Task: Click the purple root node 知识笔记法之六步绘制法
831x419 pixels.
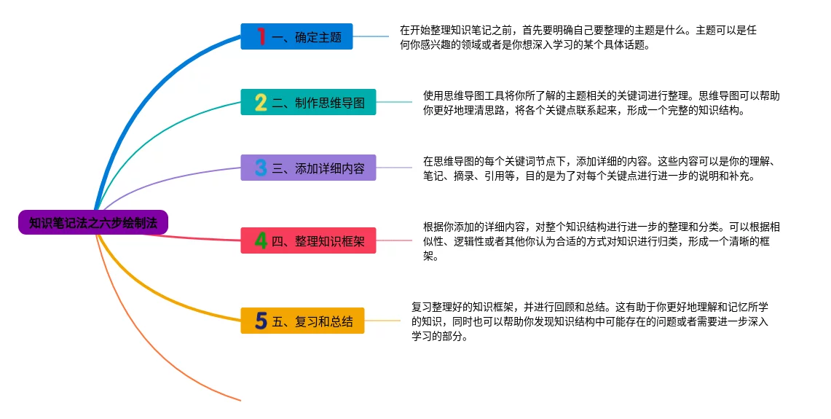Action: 93,222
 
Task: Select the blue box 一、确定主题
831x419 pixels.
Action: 297,36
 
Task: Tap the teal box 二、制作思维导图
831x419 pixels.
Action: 309,102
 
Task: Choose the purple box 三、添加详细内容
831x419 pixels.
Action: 309,168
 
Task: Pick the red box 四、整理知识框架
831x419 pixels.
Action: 309,240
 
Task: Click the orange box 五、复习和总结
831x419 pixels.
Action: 303,321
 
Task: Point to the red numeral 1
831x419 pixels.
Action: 261,36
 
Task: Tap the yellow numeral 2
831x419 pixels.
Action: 261,102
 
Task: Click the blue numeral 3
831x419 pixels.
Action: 261,168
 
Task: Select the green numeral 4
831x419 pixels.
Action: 261,240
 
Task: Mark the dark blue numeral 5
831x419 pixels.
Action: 261,321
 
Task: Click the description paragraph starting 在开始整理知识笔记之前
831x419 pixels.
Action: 578,38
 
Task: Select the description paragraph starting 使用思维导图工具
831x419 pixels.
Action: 602,103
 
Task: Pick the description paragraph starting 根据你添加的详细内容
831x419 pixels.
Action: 602,241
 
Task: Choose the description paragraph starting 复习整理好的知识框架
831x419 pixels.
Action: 590,321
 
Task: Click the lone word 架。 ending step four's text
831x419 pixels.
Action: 430,257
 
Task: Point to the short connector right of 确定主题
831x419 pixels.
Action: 371,36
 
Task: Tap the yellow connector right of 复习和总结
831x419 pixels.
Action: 382,321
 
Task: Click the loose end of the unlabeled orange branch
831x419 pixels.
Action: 240,400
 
